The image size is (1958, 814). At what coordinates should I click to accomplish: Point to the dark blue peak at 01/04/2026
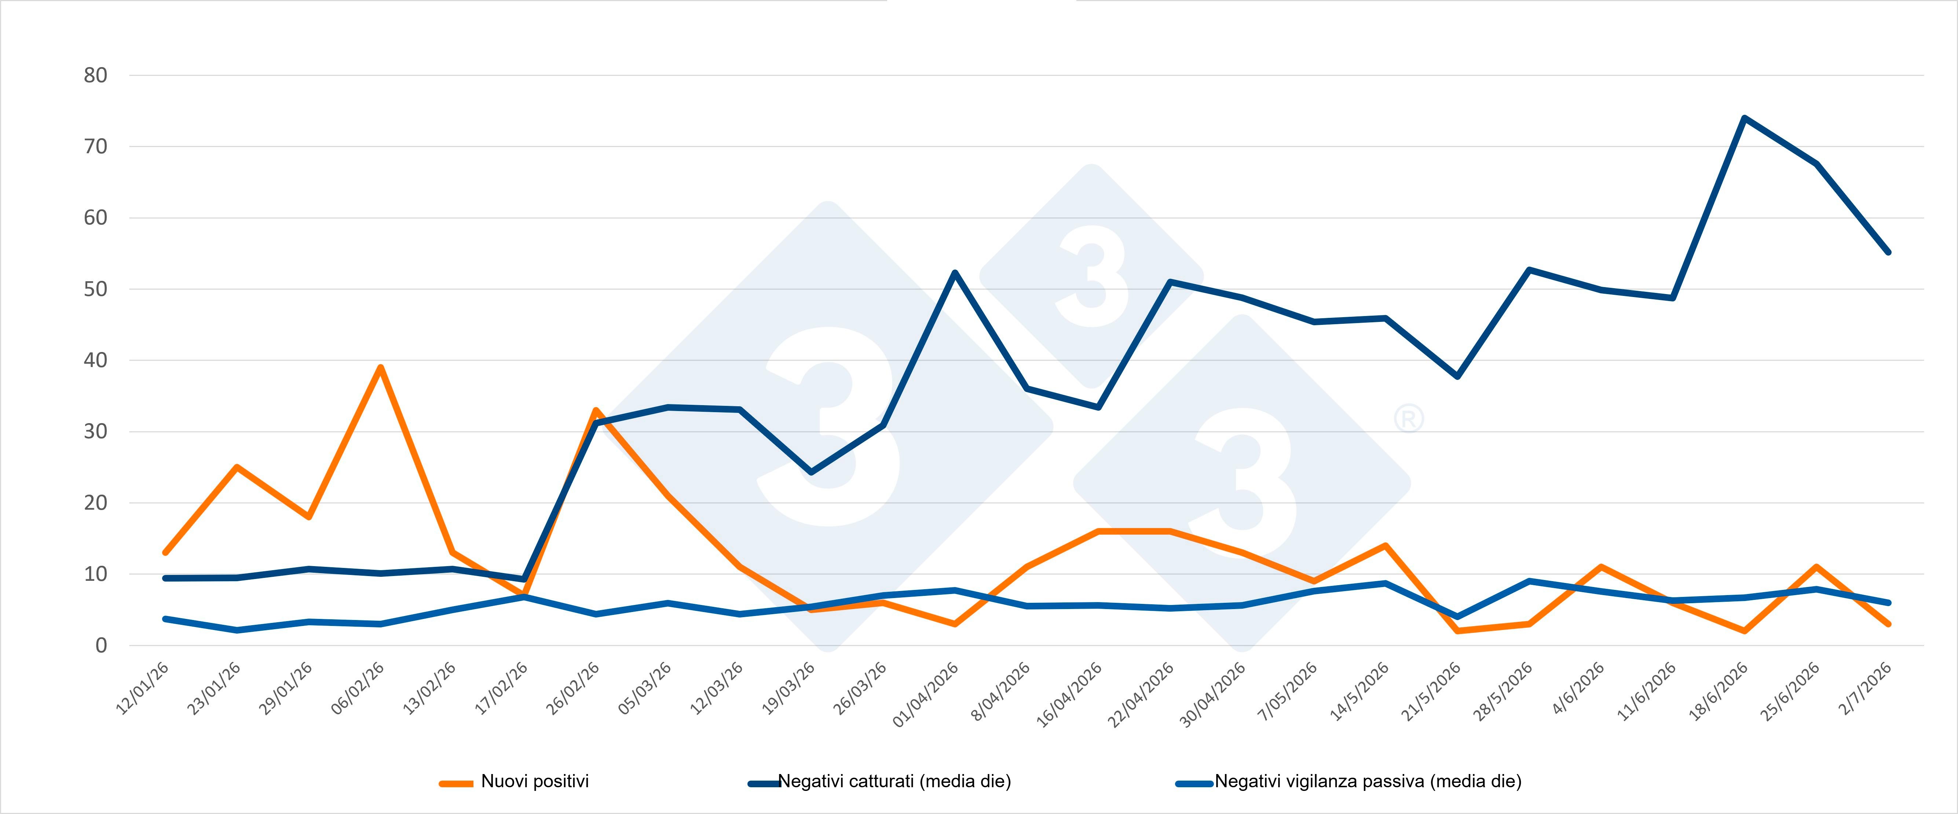click(x=955, y=273)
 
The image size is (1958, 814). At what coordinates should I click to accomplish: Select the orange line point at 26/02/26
click(x=596, y=410)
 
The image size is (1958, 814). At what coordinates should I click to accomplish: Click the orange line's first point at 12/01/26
click(x=165, y=553)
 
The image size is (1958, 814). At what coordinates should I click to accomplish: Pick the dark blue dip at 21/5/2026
click(x=1457, y=376)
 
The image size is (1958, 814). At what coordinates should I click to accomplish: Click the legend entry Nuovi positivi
click(x=515, y=781)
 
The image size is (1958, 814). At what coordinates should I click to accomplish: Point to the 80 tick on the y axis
click(x=96, y=75)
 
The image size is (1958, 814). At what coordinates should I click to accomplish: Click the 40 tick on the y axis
click(x=96, y=360)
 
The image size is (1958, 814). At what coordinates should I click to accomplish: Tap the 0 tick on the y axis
click(x=101, y=645)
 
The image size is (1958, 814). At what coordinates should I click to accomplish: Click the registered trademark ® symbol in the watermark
click(x=1409, y=419)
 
